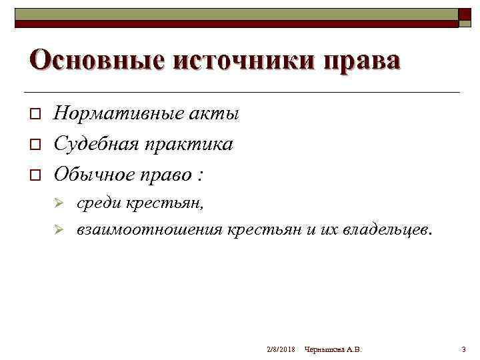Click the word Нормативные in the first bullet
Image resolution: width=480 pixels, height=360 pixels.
[x=114, y=114]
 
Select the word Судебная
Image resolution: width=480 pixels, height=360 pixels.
[x=95, y=144]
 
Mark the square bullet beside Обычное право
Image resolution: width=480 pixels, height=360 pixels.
[x=36, y=175]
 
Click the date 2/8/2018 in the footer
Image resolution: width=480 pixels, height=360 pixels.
[x=280, y=349]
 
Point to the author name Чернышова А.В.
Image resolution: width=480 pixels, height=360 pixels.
[x=333, y=349]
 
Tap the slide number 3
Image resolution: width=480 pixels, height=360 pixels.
[x=463, y=349]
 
